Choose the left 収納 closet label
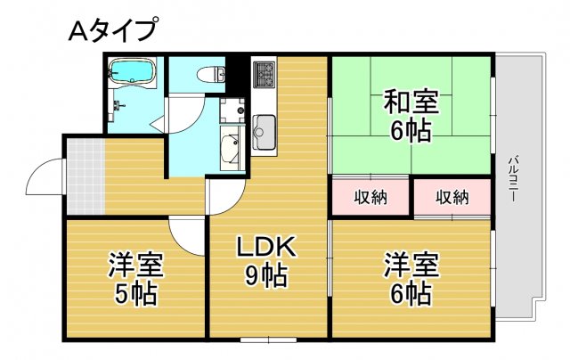click(x=370, y=197)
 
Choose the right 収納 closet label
click(x=452, y=197)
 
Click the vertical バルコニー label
click(x=514, y=178)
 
